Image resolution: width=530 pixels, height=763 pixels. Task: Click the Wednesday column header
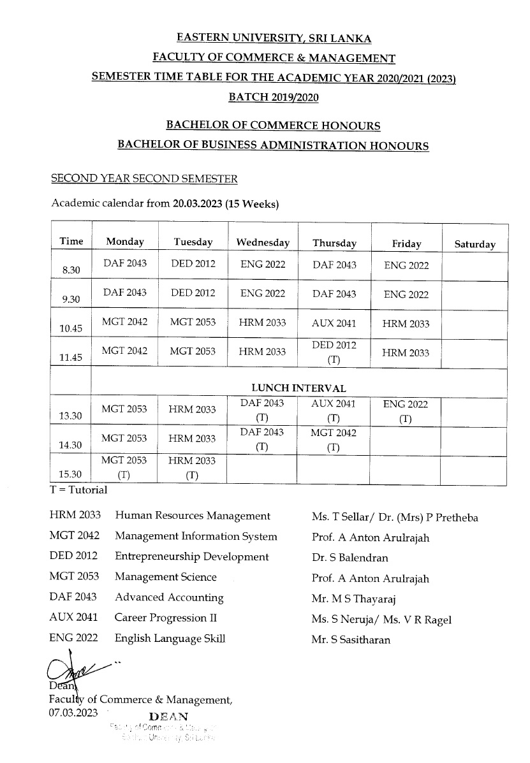pos(263,243)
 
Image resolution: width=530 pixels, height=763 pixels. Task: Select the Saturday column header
pos(475,244)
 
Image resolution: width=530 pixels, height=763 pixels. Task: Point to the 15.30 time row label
pos(70,474)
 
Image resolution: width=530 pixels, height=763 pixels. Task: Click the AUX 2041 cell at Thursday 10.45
pos(334,323)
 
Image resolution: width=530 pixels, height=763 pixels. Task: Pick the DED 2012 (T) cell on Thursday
pos(334,352)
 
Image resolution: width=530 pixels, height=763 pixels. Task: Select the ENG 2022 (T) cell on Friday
pos(406,411)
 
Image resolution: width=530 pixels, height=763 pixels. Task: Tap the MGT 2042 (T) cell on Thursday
pos(334,440)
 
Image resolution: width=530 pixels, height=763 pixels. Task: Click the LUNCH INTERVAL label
pos(298,388)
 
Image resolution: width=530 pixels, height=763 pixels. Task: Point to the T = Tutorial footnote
pos(78,490)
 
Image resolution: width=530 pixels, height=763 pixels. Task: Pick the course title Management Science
pos(165,577)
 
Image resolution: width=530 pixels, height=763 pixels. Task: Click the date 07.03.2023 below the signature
pos(73,713)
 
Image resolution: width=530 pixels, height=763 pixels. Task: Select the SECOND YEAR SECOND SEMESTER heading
pos(144,179)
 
